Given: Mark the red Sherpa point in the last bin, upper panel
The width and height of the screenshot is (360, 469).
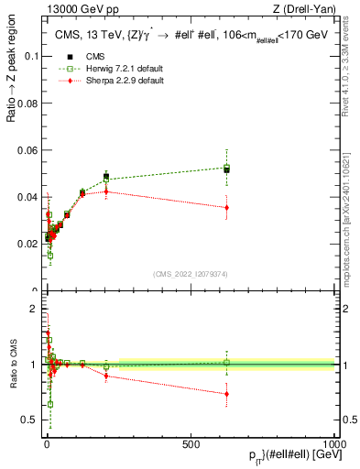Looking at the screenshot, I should click(226, 208).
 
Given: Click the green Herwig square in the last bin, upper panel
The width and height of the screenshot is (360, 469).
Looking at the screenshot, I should click(226, 168).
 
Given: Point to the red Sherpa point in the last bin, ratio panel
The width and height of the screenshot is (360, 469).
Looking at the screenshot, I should click(226, 394).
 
